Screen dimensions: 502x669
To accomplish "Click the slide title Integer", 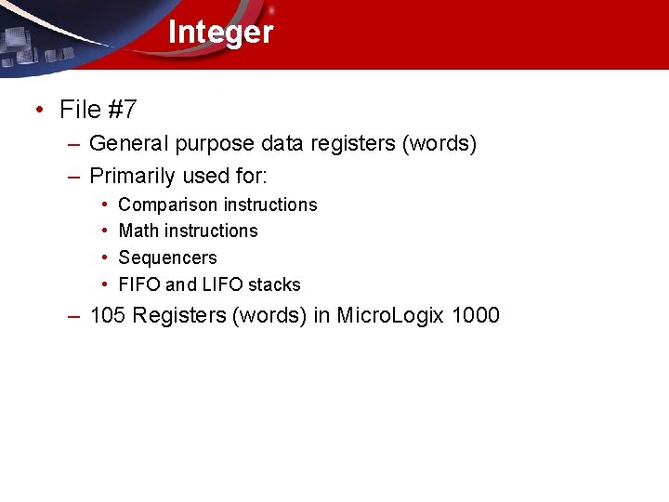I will [x=220, y=33].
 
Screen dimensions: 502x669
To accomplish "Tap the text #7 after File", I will [x=123, y=110].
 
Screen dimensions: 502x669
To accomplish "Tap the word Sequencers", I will [x=167, y=258].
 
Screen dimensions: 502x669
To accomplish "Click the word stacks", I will [x=274, y=284].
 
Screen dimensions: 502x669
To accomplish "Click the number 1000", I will [x=475, y=316].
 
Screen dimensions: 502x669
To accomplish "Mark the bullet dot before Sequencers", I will [x=105, y=258].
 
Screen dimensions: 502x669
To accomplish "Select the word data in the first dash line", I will [x=283, y=144].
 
